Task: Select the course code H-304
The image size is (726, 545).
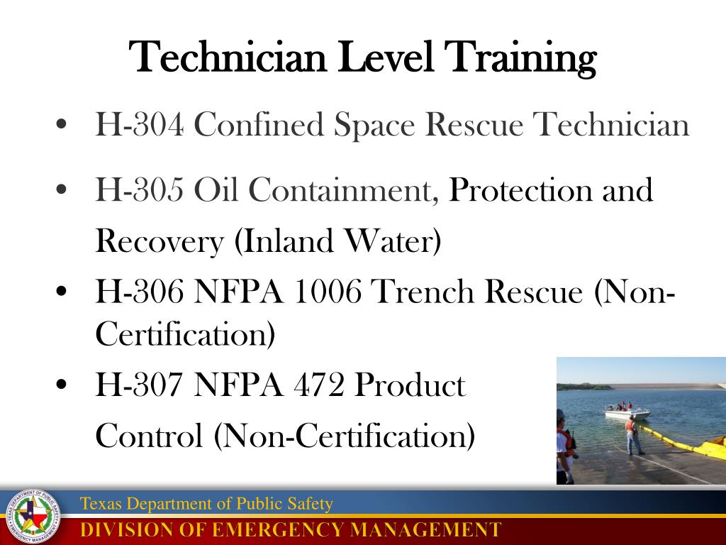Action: click(x=140, y=126)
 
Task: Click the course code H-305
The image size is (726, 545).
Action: click(x=140, y=190)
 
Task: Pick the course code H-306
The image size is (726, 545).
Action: click(x=140, y=292)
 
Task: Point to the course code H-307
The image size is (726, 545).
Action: click(x=140, y=385)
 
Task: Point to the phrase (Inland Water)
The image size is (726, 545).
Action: click(x=337, y=242)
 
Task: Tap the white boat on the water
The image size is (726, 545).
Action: click(x=627, y=412)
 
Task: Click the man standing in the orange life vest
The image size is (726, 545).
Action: click(x=632, y=434)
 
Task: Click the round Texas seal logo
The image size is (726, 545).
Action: click(x=32, y=517)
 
